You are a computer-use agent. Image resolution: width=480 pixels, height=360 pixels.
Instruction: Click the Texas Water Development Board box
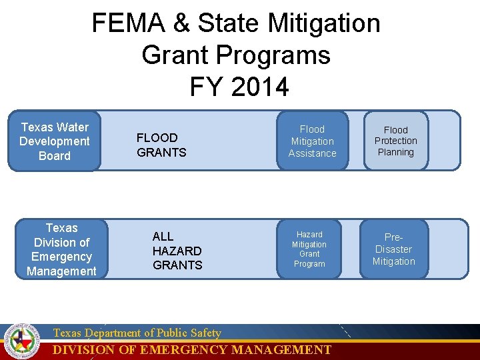54,141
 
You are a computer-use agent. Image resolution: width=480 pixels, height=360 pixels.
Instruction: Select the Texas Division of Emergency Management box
61,249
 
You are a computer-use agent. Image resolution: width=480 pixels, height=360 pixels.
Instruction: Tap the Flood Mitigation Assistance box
312,141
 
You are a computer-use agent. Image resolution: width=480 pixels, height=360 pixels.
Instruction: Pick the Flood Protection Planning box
395,141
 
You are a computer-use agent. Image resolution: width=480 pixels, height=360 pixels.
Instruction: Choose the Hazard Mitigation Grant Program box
309,249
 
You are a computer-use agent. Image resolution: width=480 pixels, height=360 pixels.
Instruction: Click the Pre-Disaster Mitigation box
393,249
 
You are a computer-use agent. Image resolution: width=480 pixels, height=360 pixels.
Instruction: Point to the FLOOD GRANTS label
161,145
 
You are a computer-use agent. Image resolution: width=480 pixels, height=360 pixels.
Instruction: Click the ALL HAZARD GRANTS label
177,251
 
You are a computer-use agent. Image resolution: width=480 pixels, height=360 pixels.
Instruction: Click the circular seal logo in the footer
21,341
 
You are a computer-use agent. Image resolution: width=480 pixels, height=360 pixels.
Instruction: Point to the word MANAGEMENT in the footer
281,350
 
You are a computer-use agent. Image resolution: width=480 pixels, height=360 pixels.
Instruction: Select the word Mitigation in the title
324,23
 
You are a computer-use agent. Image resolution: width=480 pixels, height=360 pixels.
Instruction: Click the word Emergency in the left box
61,257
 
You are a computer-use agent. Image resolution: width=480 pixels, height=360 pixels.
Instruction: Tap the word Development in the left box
54,141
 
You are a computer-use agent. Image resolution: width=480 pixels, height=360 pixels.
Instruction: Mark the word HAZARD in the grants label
177,251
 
